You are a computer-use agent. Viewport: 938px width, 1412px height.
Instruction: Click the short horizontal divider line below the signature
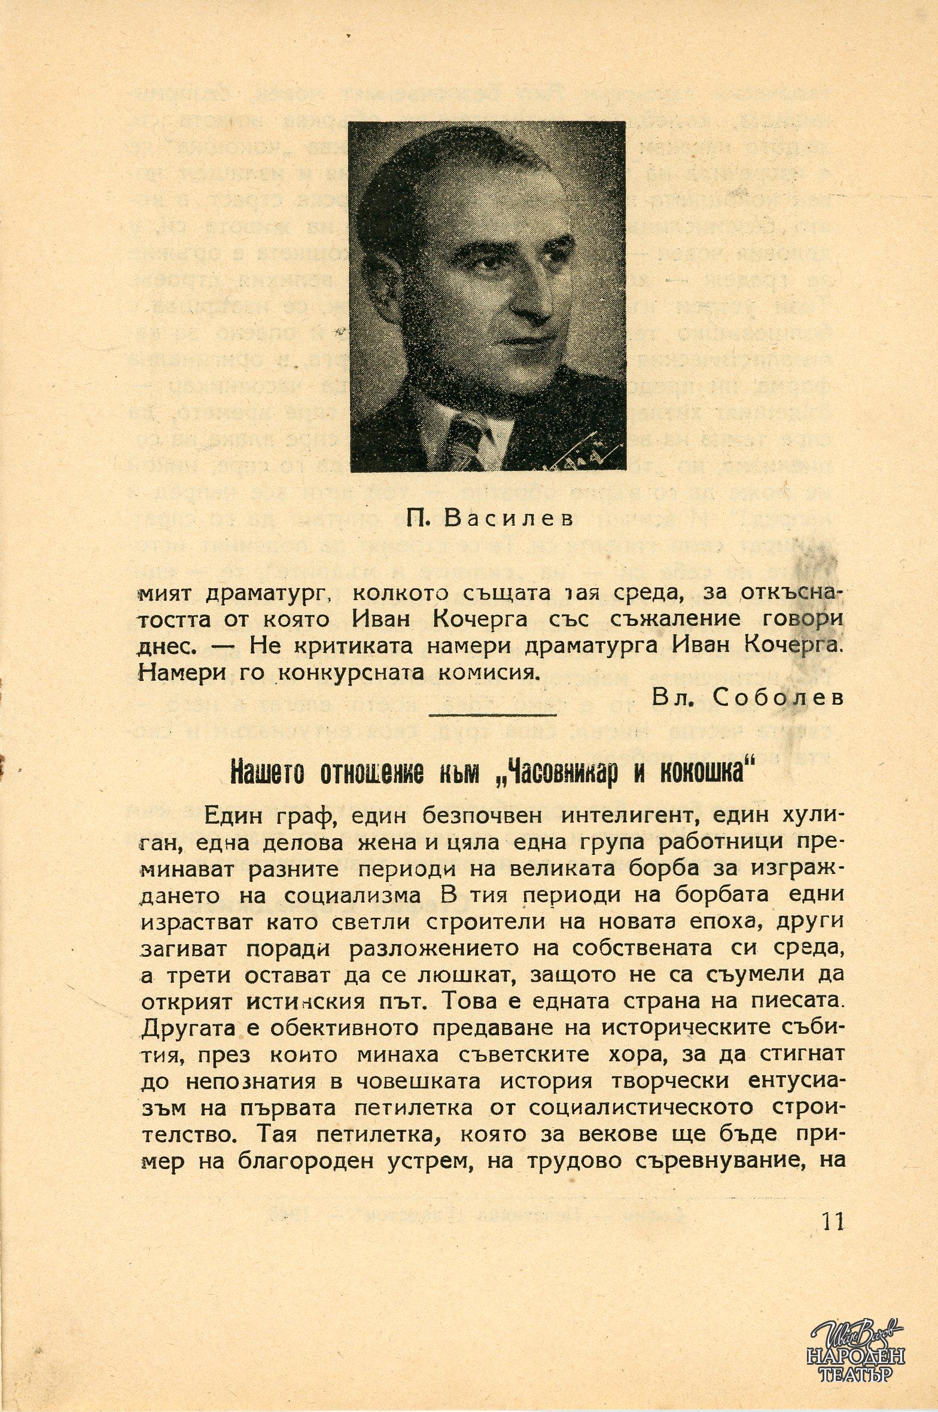click(493, 713)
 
